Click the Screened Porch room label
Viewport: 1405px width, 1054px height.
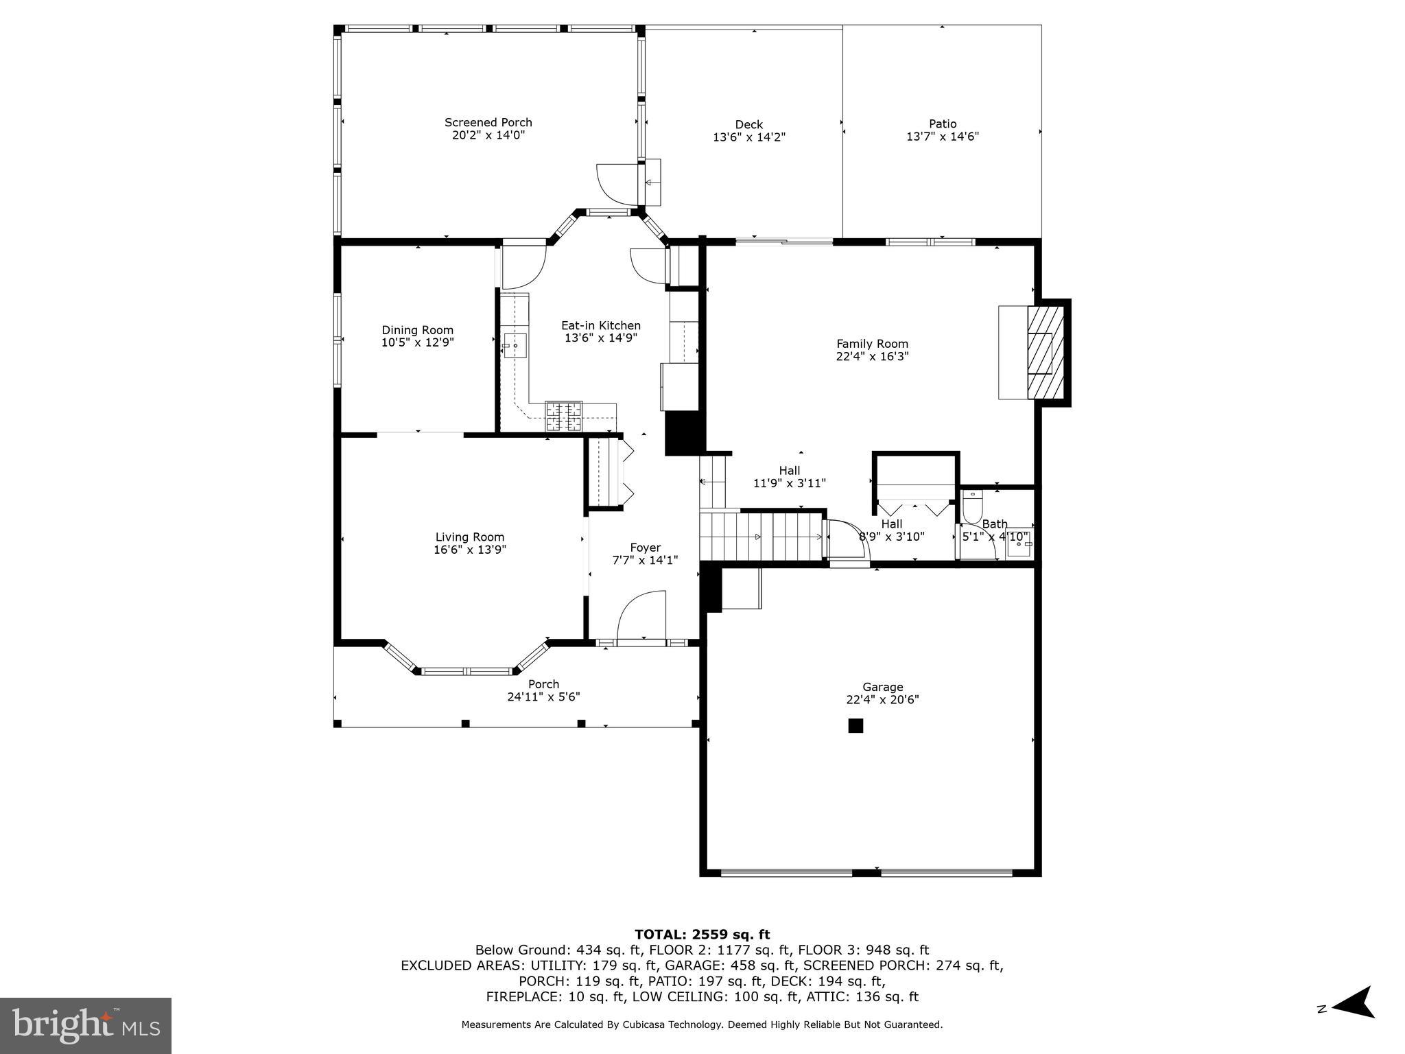[488, 123]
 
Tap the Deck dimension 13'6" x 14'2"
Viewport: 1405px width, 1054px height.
[748, 137]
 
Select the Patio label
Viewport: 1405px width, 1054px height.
[942, 124]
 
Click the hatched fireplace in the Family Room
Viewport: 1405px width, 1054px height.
[1045, 352]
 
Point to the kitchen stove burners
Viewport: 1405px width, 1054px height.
[563, 417]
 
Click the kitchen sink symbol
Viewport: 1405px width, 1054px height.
[515, 345]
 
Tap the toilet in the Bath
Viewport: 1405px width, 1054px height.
[972, 506]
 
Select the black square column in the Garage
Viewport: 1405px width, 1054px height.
[855, 725]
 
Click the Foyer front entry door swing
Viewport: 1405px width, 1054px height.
[641, 616]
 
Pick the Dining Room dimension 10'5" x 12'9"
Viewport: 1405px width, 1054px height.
[417, 342]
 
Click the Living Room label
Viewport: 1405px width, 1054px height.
[470, 537]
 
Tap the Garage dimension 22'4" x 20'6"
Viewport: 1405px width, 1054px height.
[882, 700]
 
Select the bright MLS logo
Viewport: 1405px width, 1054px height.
[86, 1026]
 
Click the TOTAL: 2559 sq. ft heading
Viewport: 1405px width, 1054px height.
[702, 934]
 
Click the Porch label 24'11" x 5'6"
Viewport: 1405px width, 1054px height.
[543, 690]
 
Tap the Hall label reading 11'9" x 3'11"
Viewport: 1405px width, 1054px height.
[789, 477]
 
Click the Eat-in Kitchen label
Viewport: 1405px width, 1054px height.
[601, 326]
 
